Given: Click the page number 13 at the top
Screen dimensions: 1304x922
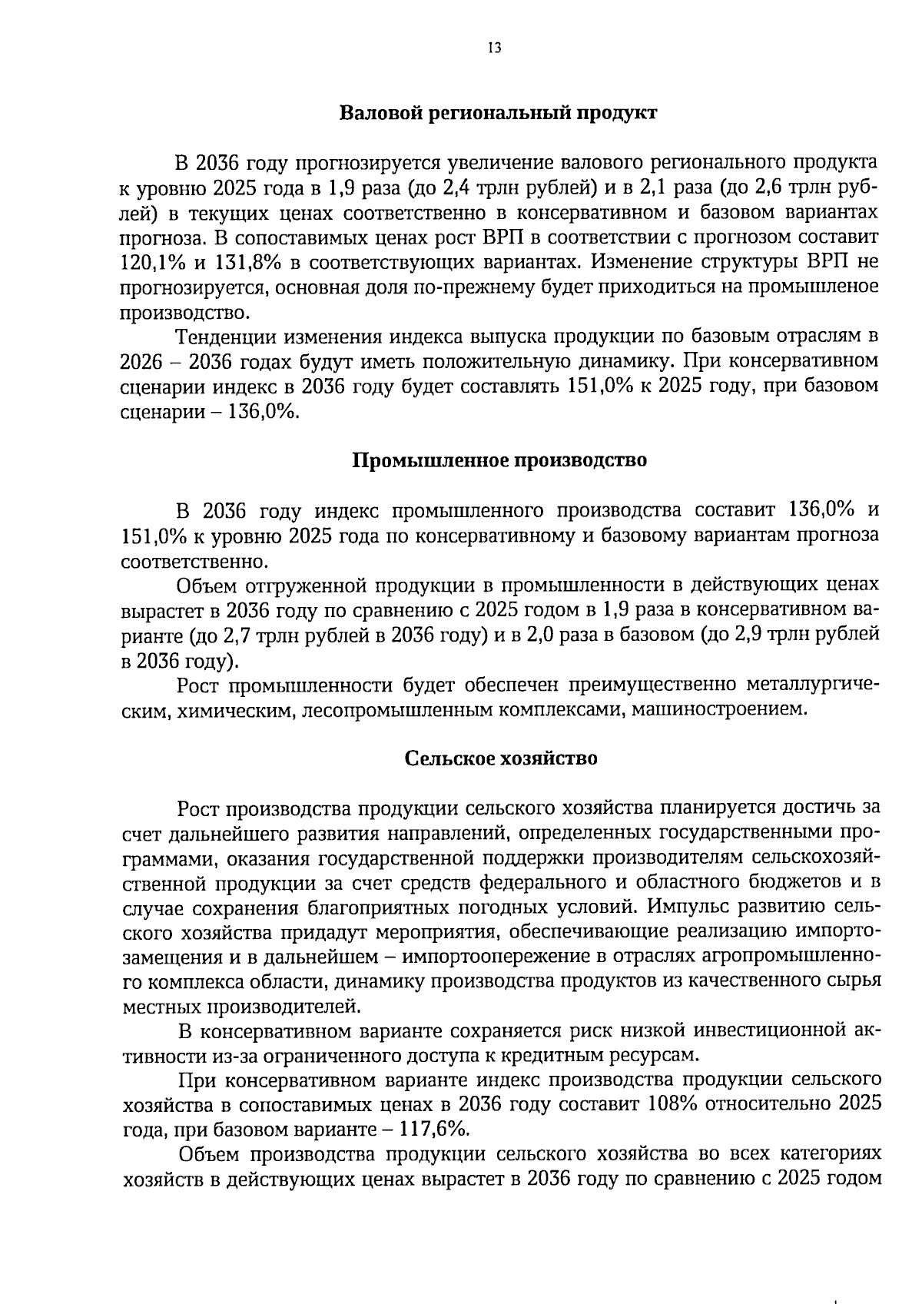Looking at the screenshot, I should click(494, 48).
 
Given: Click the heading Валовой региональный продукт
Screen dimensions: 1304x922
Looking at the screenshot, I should click(498, 113).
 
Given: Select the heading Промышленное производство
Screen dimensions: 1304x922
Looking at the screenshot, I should click(499, 460).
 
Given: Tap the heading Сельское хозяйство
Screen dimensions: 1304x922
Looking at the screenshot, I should click(501, 758).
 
